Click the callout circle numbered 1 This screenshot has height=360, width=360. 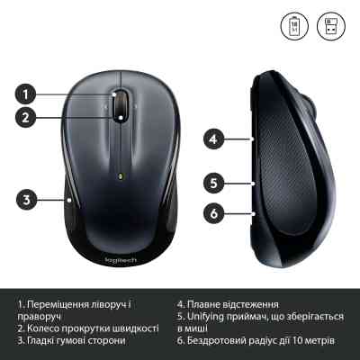pyautogui.click(x=28, y=93)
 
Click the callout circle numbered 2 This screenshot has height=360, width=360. pyautogui.click(x=28, y=115)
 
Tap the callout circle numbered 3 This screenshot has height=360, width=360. pyautogui.click(x=28, y=199)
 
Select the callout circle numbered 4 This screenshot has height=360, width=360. pyautogui.click(x=212, y=139)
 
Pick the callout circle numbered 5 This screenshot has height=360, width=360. pyautogui.click(x=212, y=183)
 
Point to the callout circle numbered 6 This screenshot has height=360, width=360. pyautogui.click(x=212, y=213)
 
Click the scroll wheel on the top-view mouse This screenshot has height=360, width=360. pyautogui.click(x=120, y=102)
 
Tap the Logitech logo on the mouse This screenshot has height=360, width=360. pyautogui.click(x=120, y=257)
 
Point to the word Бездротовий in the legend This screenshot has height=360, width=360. pyautogui.click(x=221, y=341)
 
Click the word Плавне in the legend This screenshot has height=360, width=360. pyautogui.click(x=208, y=304)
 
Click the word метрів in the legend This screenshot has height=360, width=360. pyautogui.click(x=316, y=341)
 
